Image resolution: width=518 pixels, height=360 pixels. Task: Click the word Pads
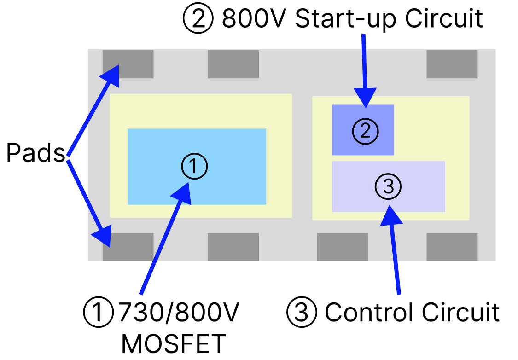click(35, 153)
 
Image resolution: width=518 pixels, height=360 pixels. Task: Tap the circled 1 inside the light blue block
click(194, 166)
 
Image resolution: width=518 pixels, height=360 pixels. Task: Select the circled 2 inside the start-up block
click(365, 131)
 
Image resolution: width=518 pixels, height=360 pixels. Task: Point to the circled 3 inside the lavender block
click(388, 186)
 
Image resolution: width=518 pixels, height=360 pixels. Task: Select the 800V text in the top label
click(255, 19)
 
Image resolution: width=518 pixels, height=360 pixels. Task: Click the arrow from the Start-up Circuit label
click(365, 69)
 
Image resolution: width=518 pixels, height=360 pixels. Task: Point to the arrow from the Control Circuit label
click(395, 249)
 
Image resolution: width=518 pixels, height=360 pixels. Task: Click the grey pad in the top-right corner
click(452, 64)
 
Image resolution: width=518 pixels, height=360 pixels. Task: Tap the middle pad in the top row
click(233, 64)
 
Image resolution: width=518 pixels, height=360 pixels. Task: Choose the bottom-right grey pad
click(452, 247)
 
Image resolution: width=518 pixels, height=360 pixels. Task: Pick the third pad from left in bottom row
click(343, 247)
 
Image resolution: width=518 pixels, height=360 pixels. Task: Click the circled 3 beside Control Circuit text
click(302, 313)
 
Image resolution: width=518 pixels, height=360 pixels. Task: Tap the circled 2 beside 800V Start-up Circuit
click(198, 19)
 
